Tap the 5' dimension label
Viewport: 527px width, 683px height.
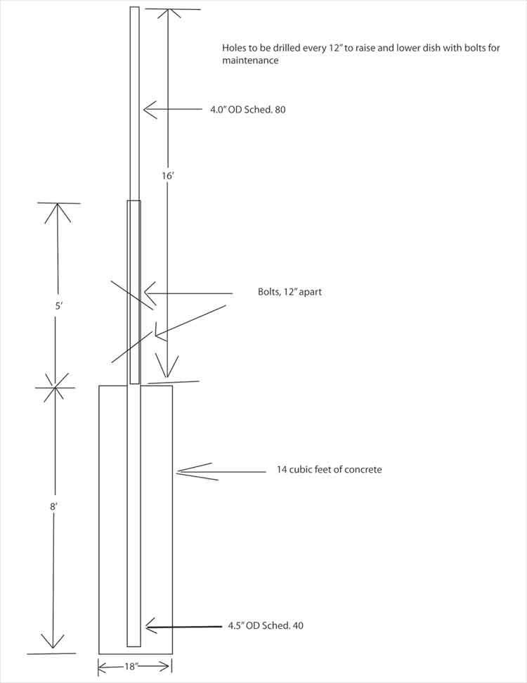pos(58,307)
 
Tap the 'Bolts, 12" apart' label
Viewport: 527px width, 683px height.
pos(289,292)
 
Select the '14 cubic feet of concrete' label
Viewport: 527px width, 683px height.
pos(330,469)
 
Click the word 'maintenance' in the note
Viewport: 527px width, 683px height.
pos(250,61)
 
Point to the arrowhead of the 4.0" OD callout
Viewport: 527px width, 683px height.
pos(145,110)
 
